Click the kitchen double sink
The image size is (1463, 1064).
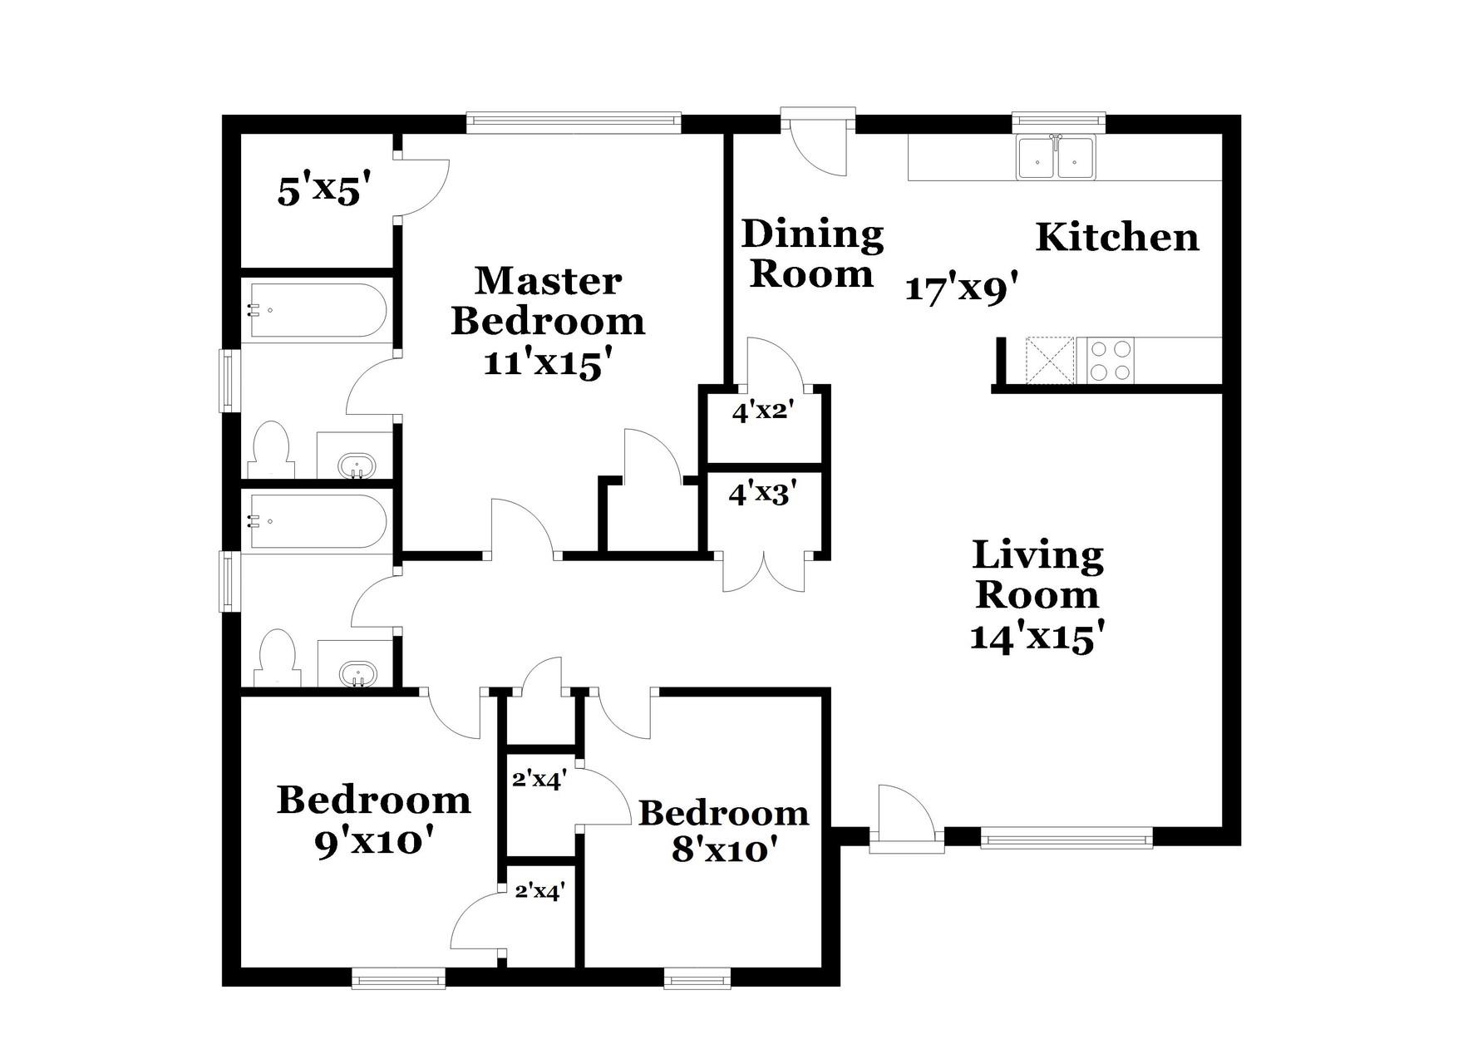coord(1057,157)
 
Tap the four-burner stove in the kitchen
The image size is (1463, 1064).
coord(1111,360)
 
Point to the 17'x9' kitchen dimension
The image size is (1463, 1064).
coord(961,289)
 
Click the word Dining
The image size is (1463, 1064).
coord(812,234)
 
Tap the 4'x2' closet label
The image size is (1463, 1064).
coord(764,411)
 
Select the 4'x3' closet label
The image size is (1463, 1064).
coord(763,495)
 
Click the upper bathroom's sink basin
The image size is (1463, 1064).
coord(357,465)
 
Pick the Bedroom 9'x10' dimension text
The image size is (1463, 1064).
coord(375,843)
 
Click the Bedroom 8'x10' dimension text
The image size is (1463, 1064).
coord(724,850)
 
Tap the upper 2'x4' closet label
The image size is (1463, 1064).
coord(539,780)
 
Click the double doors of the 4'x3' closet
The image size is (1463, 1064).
coord(764,573)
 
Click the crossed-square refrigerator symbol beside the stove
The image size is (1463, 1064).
coord(1050,360)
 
